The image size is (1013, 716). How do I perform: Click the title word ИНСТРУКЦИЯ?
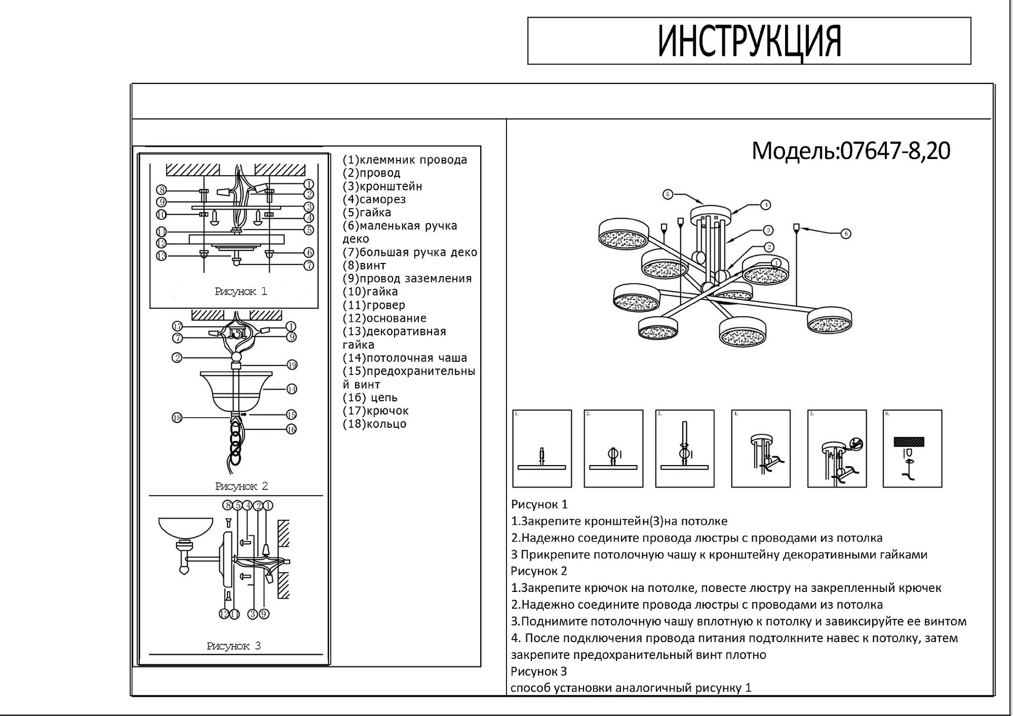[x=749, y=41]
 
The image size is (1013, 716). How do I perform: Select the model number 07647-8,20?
[x=895, y=151]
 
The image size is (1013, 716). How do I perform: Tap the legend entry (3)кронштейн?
[x=383, y=186]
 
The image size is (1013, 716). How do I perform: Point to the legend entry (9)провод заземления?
[x=407, y=279]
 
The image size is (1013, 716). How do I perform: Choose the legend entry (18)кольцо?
[x=375, y=424]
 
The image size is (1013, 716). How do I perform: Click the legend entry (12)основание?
[x=385, y=318]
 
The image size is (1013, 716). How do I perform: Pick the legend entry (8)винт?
[x=365, y=266]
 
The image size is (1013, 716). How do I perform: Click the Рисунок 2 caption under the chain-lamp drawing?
[x=242, y=486]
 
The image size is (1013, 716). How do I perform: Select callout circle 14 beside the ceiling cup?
[x=292, y=389]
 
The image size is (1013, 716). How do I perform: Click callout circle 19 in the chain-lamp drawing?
[x=292, y=365]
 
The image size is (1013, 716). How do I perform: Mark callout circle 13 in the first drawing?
[x=161, y=256]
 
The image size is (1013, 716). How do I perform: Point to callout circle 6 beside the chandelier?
[x=846, y=233]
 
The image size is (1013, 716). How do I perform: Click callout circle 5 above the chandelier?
[x=668, y=194]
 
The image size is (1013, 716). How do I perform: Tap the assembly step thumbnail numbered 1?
[x=542, y=449]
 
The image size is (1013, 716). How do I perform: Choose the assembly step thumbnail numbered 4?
[x=760, y=449]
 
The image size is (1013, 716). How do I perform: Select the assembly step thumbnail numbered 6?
[x=912, y=449]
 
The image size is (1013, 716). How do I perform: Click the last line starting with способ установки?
[x=631, y=688]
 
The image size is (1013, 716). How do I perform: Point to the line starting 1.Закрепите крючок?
[x=726, y=588]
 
